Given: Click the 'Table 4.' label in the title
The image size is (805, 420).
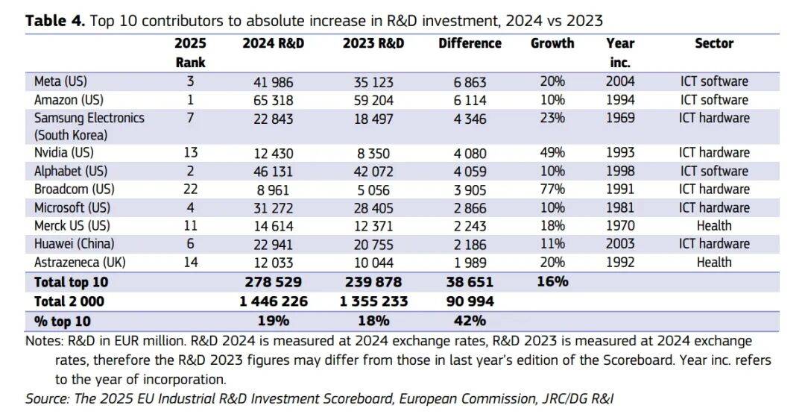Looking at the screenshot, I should (56, 20).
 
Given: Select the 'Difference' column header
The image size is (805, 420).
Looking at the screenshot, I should (470, 43).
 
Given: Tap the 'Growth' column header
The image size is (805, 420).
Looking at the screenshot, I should (552, 43).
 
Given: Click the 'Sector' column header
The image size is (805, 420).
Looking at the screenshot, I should (714, 43).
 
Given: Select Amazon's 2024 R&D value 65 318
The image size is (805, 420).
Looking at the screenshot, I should (274, 100).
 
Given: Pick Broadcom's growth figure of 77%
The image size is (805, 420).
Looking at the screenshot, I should (552, 189).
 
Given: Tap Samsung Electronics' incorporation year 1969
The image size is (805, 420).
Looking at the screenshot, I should (620, 118).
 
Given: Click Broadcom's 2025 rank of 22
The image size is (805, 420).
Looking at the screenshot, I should (191, 189).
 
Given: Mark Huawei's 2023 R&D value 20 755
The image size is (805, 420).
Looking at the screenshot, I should (373, 244).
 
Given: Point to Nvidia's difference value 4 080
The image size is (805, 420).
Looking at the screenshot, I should (470, 154).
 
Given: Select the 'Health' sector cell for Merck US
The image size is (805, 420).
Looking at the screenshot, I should (714, 226).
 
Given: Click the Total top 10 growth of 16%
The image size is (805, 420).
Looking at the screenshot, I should (552, 281).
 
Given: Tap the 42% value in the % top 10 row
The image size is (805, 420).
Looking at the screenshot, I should (470, 321).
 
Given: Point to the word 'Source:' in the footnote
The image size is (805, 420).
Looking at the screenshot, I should (48, 398).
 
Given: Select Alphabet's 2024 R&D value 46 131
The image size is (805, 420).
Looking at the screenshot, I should (274, 172).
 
